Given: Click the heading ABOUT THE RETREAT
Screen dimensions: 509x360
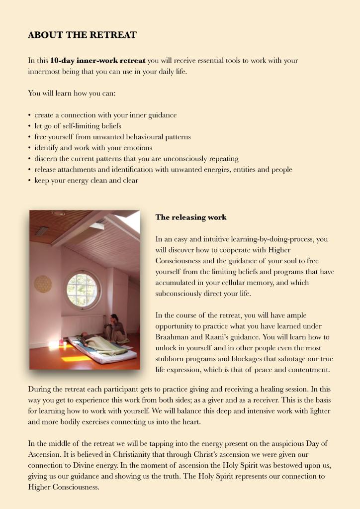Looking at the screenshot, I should click(x=82, y=35).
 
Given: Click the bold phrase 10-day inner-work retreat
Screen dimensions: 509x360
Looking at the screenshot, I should click(x=97, y=61).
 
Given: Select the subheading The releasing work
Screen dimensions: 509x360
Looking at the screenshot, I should click(x=191, y=217).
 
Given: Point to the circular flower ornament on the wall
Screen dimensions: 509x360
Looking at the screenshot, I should click(x=43, y=284).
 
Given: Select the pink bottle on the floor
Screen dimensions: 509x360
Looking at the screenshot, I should click(x=61, y=343).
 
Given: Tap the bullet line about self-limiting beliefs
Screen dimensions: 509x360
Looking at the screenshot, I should click(x=78, y=126).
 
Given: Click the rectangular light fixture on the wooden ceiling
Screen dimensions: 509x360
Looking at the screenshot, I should click(x=43, y=230).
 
